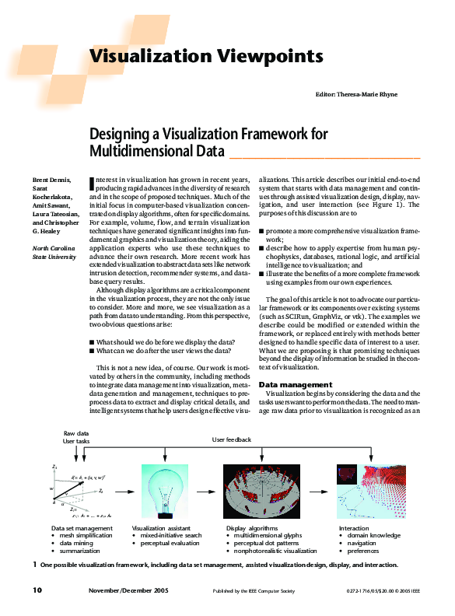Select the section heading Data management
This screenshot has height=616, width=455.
tap(295, 384)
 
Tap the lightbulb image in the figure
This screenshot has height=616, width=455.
tap(165, 488)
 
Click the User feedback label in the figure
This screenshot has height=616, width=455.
tap(232, 439)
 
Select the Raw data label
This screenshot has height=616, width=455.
tap(75, 432)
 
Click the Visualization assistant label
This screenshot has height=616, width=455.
tap(164, 528)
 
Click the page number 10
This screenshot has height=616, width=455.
tap(37, 590)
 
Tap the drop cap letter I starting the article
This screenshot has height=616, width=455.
tap(93, 184)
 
